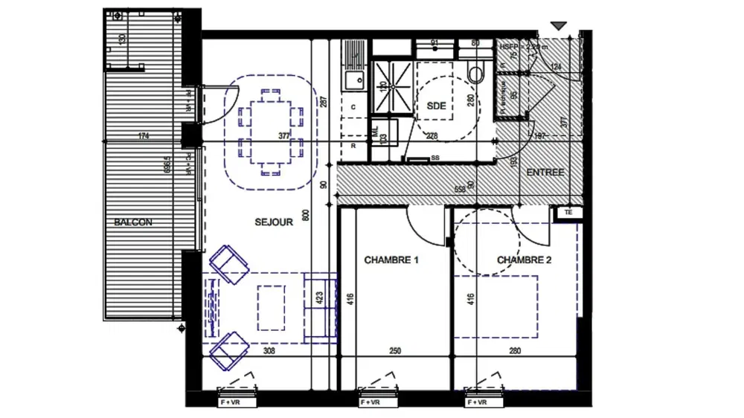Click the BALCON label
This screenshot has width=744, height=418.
134,222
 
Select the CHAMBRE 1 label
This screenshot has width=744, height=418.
391,260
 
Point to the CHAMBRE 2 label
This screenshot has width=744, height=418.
525,260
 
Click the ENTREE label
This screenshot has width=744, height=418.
545,173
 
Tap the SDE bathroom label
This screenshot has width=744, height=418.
437,106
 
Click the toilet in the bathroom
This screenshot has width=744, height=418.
475,73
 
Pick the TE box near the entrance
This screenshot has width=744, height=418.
569,213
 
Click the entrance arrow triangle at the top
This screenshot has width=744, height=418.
559,26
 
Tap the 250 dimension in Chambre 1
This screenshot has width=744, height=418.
395,352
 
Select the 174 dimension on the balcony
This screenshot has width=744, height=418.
144,136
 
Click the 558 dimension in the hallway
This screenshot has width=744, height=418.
460,190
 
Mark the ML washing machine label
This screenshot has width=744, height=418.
376,129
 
